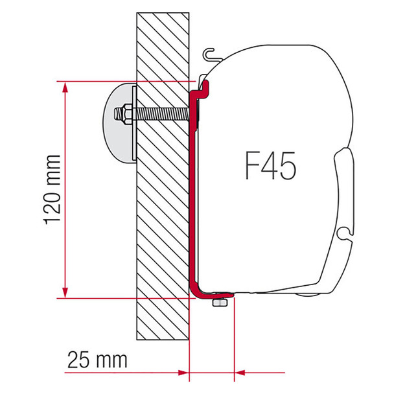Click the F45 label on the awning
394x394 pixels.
click(x=270, y=166)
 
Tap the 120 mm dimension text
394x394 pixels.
click(x=52, y=190)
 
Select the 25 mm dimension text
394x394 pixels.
click(x=97, y=360)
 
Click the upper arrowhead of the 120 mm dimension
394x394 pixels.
click(x=65, y=87)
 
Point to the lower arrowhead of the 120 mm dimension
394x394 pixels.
click(x=65, y=292)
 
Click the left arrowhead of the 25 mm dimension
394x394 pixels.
click(x=183, y=373)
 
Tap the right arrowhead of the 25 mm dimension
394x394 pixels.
click(x=240, y=373)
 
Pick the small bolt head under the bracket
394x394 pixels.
click(x=220, y=302)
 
